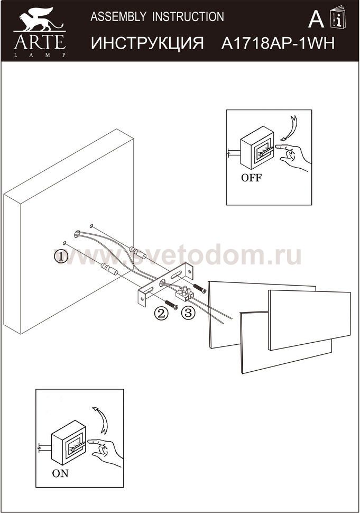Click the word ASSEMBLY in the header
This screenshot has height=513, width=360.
tap(118, 16)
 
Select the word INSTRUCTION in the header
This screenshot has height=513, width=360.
tap(188, 16)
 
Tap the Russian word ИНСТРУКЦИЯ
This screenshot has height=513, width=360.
tap(147, 43)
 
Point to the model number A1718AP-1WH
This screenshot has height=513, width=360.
tap(278, 43)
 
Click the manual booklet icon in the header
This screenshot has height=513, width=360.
tap(337, 17)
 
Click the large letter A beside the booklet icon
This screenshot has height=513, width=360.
tap(316, 19)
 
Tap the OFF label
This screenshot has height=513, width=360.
tap(252, 178)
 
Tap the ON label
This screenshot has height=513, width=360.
tap(60, 473)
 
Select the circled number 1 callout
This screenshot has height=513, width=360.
tap(60, 257)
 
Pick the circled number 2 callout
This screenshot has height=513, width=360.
tap(161, 314)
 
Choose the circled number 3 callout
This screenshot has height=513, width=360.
tap(188, 313)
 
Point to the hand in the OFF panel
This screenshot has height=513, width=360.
tap(293, 157)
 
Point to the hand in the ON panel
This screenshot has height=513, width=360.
tap(106, 453)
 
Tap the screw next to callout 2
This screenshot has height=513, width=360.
tap(171, 304)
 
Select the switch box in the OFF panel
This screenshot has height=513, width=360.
tap(257, 148)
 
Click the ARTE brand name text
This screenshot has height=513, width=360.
tap(40, 42)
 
